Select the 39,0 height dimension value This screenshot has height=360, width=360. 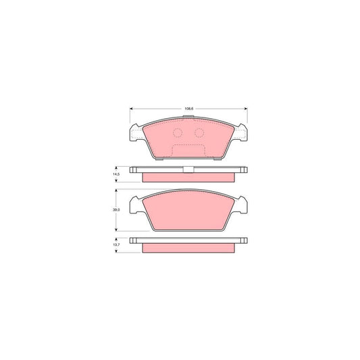coord(116,211)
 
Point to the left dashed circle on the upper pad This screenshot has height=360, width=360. coord(178,133)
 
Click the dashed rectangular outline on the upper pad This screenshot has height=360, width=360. coord(188,151)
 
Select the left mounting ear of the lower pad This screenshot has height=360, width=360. coord(134,206)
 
